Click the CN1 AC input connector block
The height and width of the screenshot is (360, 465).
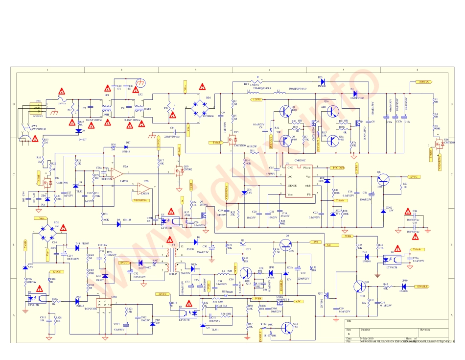pyautogui.click(x=37, y=108)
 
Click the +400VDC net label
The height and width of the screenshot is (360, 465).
pyautogui.click(x=423, y=82)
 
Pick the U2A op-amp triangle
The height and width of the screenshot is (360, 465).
pyautogui.click(x=116, y=173)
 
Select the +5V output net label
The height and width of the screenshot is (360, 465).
pyautogui.click(x=298, y=302)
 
